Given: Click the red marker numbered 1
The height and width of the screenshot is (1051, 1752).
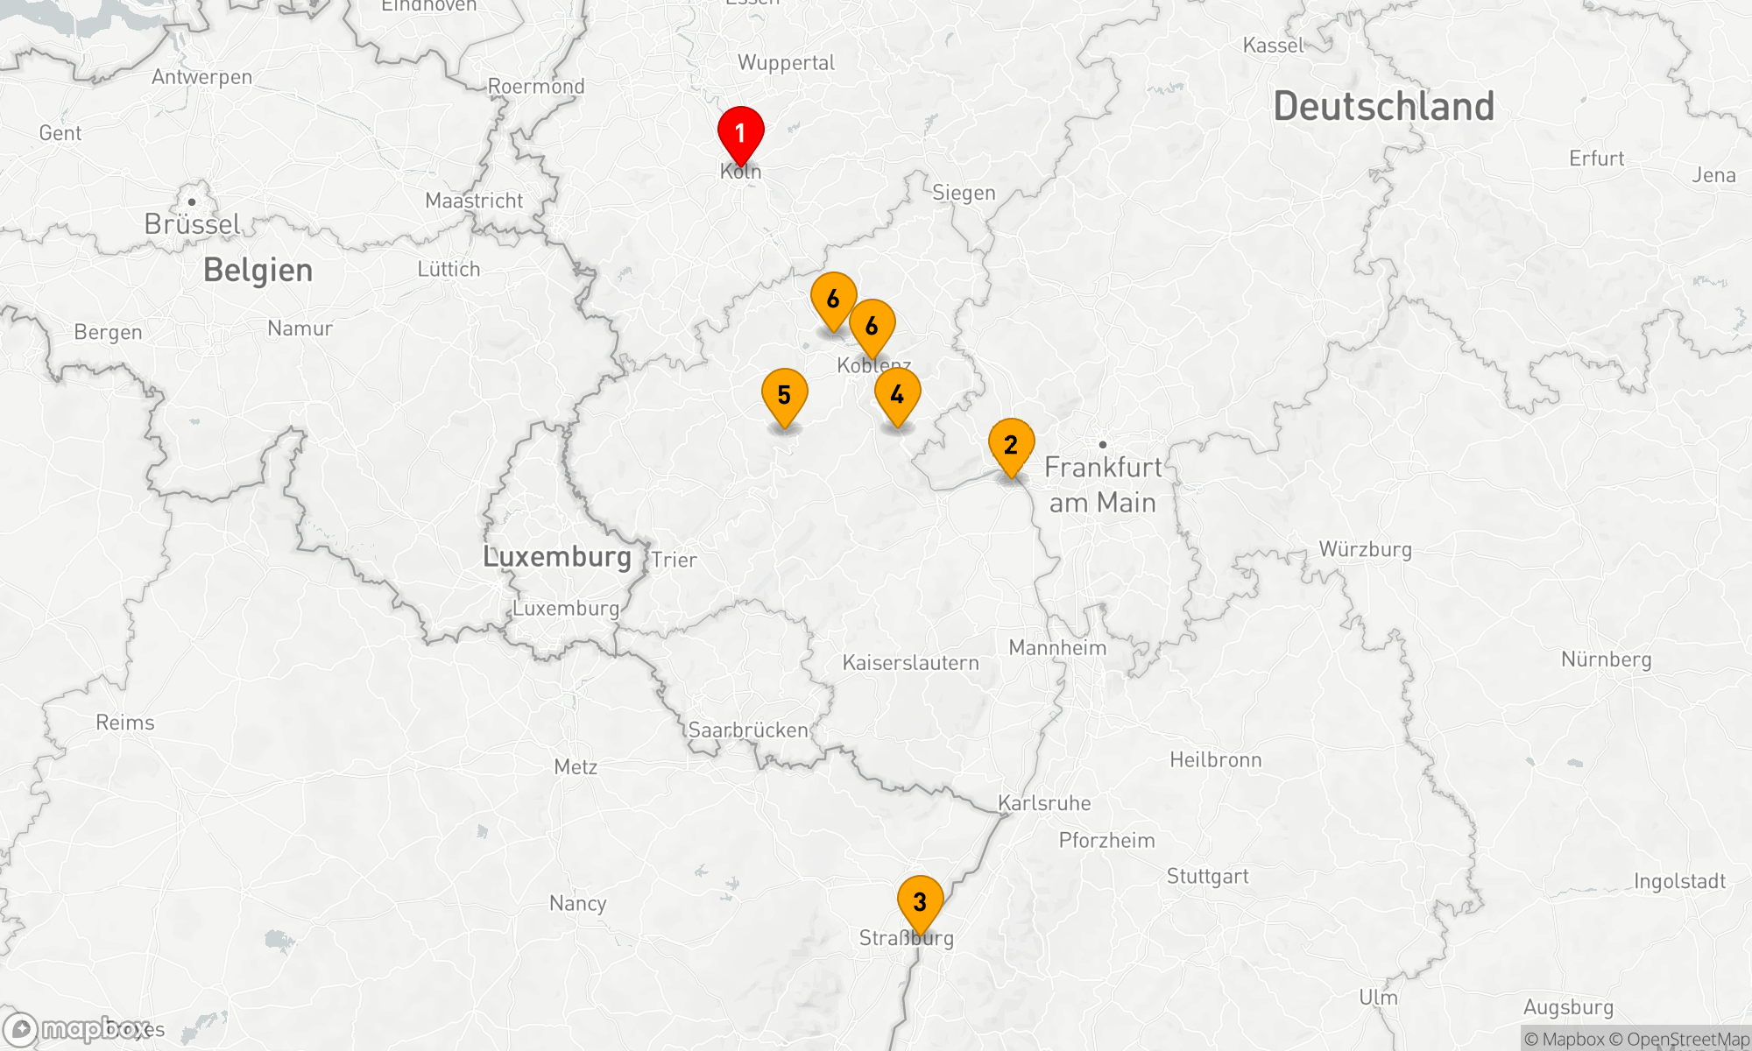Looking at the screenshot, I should point(740,134).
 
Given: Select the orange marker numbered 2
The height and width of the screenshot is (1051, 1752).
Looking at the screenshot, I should point(1011,446).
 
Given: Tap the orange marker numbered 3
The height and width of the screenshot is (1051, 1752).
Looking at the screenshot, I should point(920,902).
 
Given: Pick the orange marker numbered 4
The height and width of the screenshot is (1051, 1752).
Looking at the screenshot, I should point(897,396).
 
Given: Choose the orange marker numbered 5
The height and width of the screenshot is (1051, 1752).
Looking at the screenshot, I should point(784,396).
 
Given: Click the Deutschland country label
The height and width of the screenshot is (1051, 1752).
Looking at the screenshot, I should point(1383,107).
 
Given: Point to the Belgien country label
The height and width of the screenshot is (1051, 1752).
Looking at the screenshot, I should point(258,271).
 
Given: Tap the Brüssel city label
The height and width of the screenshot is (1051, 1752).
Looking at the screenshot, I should point(192,224).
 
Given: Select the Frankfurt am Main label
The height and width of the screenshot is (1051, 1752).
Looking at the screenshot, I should point(1103,485).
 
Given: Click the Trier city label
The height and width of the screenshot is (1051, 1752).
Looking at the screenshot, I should point(674,561).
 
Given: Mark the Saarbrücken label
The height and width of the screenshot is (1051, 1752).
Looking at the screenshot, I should point(748,730).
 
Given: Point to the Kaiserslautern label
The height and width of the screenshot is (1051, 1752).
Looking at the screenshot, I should point(910,663).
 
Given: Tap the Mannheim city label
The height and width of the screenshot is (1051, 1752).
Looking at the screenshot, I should point(1057,648).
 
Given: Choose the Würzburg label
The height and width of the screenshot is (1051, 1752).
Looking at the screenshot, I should point(1365,550).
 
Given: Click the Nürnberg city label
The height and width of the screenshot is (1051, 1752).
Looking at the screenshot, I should point(1606,660).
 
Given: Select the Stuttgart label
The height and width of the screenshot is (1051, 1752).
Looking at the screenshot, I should point(1207,877).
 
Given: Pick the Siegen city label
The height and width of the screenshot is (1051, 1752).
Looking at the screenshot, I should point(964,193).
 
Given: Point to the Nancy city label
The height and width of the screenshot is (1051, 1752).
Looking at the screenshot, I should point(577,904).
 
